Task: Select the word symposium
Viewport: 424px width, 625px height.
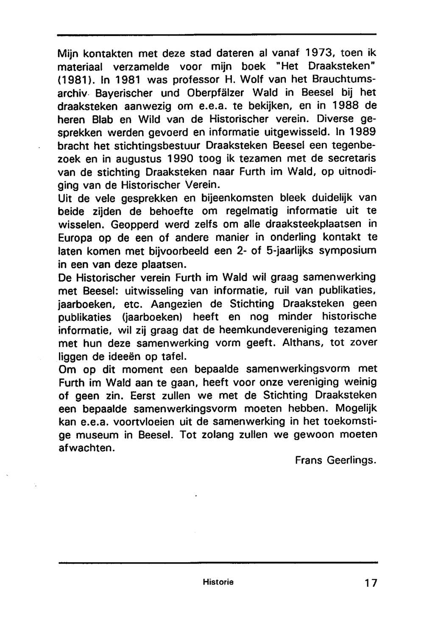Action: pyautogui.click(x=347, y=250)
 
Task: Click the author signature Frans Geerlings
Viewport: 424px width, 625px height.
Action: pyautogui.click(x=335, y=460)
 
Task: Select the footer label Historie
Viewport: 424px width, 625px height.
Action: pyautogui.click(x=218, y=582)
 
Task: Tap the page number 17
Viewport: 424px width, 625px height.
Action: pyautogui.click(x=370, y=583)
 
